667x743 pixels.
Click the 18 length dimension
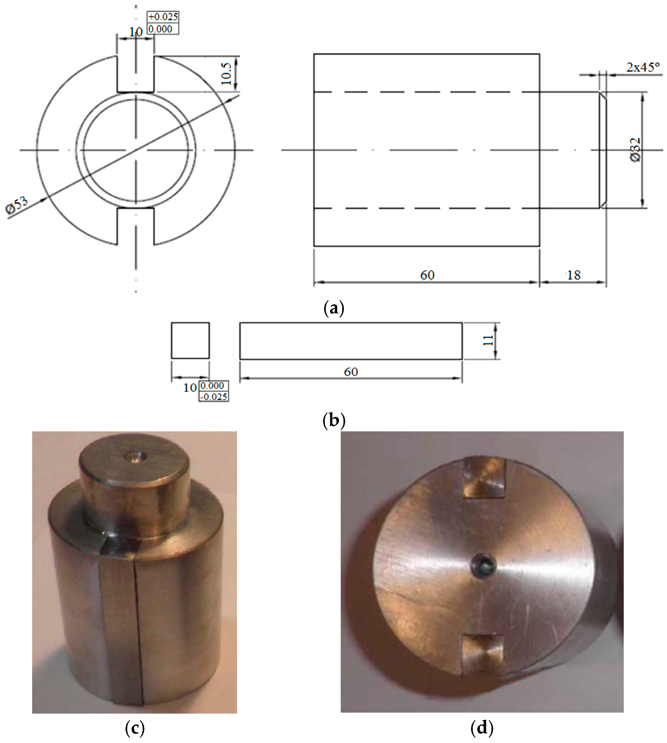click(574, 275)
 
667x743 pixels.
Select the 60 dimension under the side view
click(427, 275)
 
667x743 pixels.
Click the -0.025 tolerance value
click(214, 396)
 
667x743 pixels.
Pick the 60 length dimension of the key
click(351, 372)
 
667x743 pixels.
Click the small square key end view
click(190, 340)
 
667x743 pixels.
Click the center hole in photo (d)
click(483, 572)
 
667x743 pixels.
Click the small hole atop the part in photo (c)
click(136, 457)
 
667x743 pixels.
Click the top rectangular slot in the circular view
click(136, 73)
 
